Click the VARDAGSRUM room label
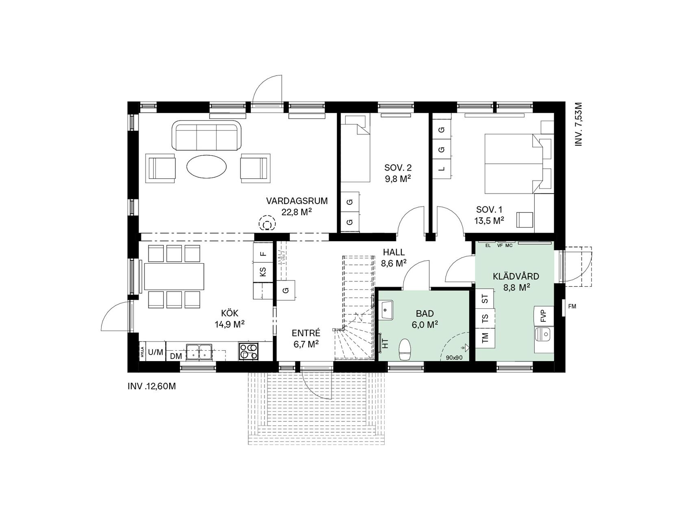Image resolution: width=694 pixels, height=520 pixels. (x=297, y=201)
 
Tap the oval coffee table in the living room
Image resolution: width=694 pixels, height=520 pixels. (x=207, y=167)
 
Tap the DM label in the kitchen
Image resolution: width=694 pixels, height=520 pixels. (x=176, y=356)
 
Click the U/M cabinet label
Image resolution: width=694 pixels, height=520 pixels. (x=155, y=352)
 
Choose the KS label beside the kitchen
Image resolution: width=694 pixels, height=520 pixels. (x=263, y=271)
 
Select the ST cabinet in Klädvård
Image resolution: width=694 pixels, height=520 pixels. (x=485, y=300)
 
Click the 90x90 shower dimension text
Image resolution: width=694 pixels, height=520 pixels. (x=454, y=357)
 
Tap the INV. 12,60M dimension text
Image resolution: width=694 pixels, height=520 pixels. (x=152, y=386)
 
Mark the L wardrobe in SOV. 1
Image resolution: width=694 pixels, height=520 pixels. (x=442, y=169)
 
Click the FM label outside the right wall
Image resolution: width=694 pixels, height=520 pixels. (x=572, y=307)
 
